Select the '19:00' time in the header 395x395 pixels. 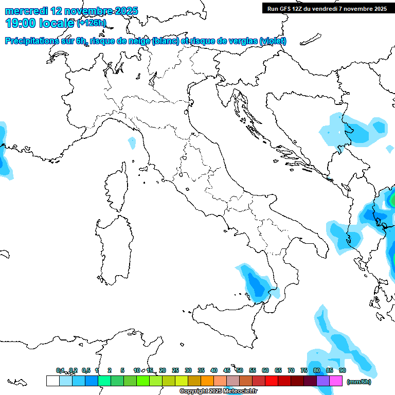click(x=19, y=23)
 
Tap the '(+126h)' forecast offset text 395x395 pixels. click(x=92, y=23)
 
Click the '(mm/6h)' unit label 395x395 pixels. click(x=359, y=382)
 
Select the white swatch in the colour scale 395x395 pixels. click(x=52, y=381)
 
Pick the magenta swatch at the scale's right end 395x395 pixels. click(x=336, y=381)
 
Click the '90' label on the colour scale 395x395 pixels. click(x=343, y=370)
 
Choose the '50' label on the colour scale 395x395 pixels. click(x=240, y=370)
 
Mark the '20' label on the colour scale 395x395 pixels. click(x=163, y=370)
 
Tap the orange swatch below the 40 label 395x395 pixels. click(x=207, y=381)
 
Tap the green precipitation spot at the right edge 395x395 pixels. click(x=392, y=199)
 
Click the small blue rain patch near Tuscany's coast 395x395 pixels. click(x=132, y=142)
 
